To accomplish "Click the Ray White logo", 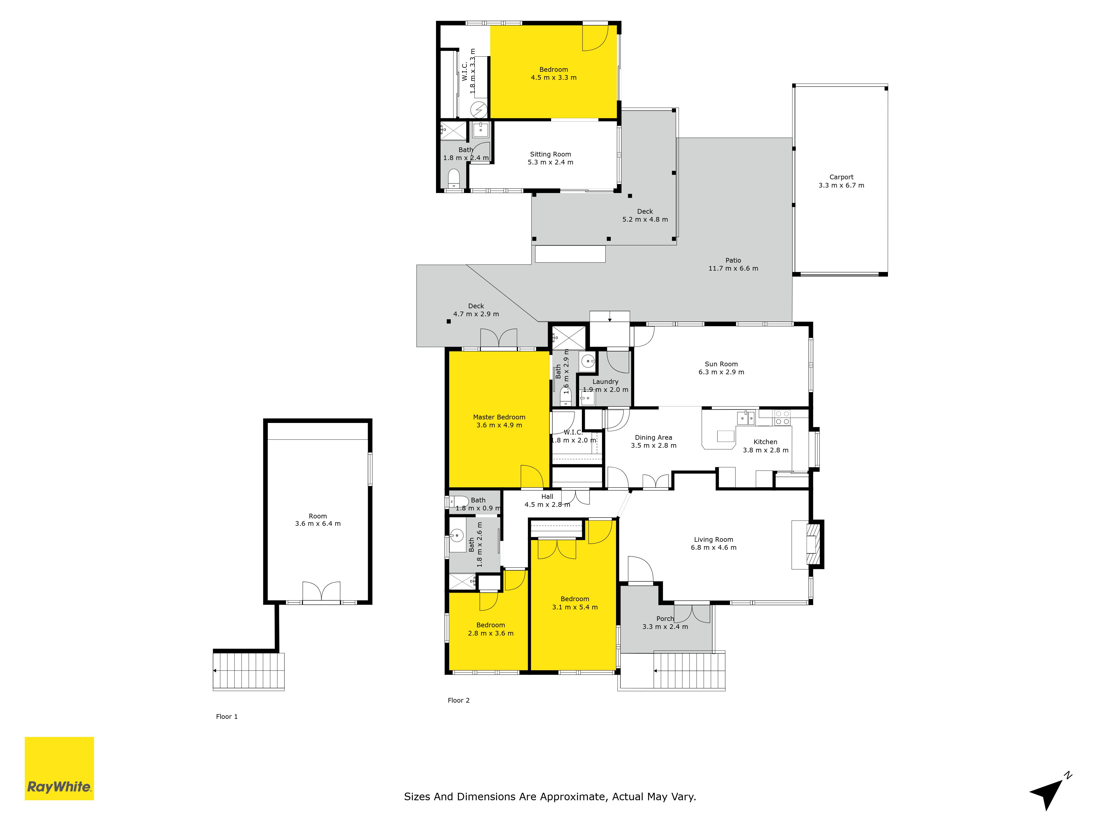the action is (x=59, y=768).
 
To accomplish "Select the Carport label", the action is (x=841, y=177).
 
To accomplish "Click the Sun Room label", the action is (x=721, y=364).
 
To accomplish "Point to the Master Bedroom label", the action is (x=499, y=417).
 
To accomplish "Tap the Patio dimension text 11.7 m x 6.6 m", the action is (x=733, y=268).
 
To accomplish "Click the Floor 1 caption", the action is (x=227, y=717).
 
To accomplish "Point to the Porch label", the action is (x=665, y=619).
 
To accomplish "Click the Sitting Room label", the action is (x=550, y=154).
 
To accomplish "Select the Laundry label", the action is (x=605, y=381).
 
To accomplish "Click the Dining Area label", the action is (x=653, y=438).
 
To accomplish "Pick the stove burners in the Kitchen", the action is (x=783, y=418).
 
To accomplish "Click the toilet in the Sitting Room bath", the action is (x=453, y=178).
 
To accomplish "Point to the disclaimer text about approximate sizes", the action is (x=550, y=797).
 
